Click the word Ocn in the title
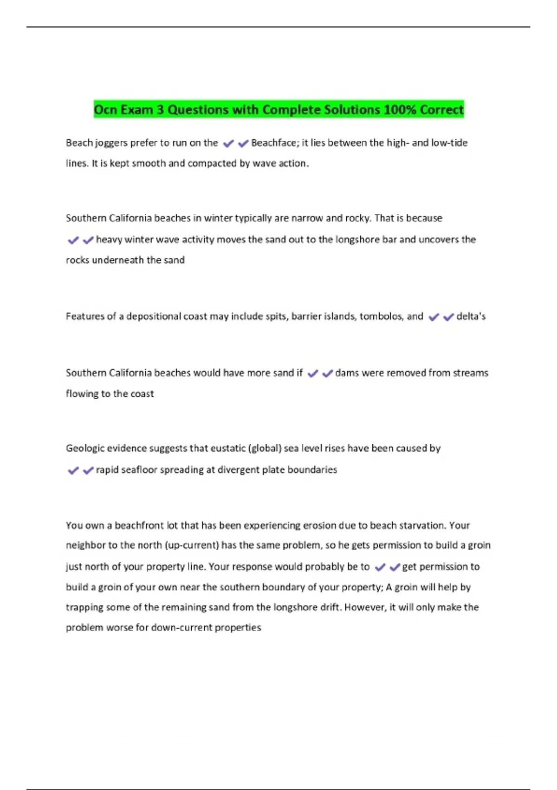(x=104, y=110)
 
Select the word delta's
(x=471, y=316)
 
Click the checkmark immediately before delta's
(x=448, y=317)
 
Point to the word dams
(x=346, y=373)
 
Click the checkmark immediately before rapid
(x=88, y=471)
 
